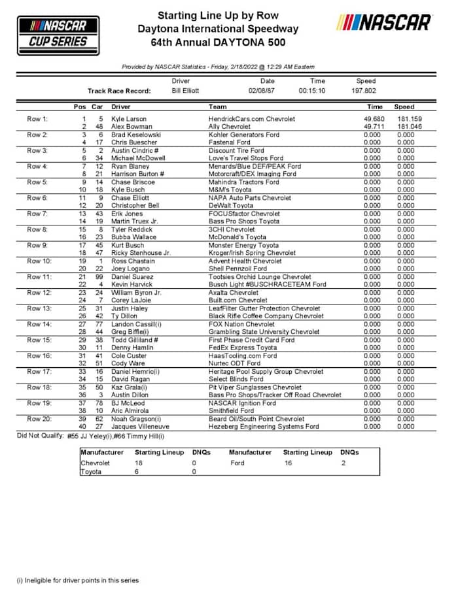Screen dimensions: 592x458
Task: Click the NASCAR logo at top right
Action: tap(384, 23)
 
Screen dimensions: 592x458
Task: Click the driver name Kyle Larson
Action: tap(129, 119)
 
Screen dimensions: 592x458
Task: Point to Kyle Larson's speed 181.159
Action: tap(404, 119)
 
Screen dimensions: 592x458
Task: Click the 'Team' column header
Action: tap(217, 107)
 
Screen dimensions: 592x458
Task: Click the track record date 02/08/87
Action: tap(267, 91)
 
